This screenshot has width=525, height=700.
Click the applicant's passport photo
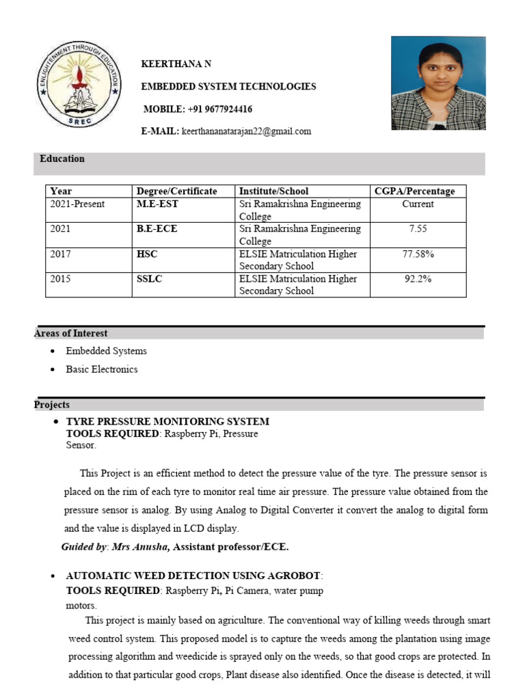point(437,83)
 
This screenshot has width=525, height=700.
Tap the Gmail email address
point(246,131)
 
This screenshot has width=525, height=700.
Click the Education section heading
point(62,159)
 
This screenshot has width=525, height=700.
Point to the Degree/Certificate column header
point(177,191)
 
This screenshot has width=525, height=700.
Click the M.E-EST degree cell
point(158,204)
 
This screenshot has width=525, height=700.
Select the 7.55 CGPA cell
point(418,229)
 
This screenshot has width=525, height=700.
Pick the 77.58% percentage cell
point(418,254)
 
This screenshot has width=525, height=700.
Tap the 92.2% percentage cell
point(418,279)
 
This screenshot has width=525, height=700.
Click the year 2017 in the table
point(60,254)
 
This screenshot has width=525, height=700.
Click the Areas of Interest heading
point(71,334)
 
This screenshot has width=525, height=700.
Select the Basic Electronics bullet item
point(102,369)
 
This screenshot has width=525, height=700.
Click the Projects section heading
point(52,405)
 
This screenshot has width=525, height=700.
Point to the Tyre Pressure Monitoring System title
point(167,421)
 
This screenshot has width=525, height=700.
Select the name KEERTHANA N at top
point(176,64)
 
